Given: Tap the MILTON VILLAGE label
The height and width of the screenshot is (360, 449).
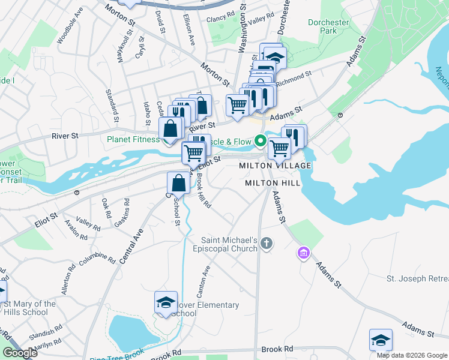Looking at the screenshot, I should click(275, 166).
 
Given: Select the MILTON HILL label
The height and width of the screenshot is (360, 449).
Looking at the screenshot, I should click(268, 182).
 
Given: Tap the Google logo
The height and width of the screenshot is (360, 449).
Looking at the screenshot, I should click(20, 353).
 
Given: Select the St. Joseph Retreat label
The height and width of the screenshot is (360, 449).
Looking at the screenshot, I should click(417, 279).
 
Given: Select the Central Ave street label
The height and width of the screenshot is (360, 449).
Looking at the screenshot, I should click(132, 246).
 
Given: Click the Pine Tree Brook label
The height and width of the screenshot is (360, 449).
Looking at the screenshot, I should click(118, 356).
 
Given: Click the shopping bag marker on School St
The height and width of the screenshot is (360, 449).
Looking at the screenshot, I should click(179, 183).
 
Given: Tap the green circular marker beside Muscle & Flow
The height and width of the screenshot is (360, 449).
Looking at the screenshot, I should click(260, 142).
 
